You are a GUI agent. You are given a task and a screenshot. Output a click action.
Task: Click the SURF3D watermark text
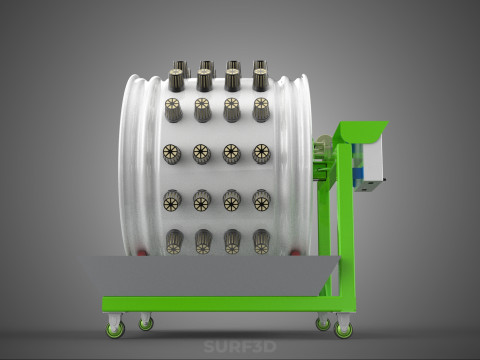coord(240,347)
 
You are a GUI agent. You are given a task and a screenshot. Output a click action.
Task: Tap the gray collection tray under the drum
coord(209,276)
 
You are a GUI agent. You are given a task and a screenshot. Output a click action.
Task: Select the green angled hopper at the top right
coord(364,132)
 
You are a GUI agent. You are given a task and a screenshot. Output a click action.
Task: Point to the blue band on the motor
coord(360,173)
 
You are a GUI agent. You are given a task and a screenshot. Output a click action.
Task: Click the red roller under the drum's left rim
coord(142,253)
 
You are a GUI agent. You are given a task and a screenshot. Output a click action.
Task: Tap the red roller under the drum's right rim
coord(295,253)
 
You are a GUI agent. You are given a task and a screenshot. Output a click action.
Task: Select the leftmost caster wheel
coord(115,328)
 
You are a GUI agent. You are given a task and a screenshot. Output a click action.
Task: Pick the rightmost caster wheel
coord(343,329)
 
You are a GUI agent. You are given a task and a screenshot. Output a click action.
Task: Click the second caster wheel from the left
coord(146,323)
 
